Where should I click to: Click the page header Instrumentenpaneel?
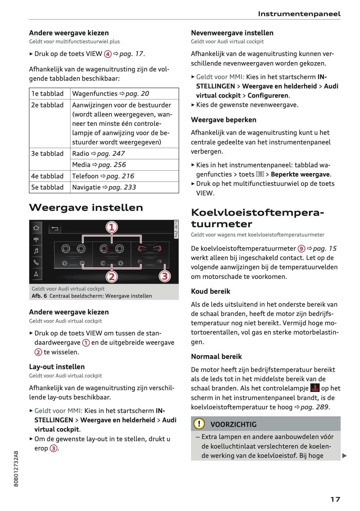click(299, 14)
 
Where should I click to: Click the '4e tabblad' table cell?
click(47, 176)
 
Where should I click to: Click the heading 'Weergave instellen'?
click(86, 207)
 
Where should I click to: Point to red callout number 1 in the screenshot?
click(112, 227)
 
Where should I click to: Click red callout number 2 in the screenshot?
click(112, 276)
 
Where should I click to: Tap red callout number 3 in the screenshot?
click(165, 276)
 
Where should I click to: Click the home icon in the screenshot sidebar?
click(36, 228)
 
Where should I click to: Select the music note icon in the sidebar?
click(36, 251)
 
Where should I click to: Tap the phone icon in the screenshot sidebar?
click(36, 262)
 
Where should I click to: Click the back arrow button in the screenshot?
click(55, 228)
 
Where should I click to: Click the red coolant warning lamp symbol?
click(315, 388)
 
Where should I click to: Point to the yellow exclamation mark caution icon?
click(199, 424)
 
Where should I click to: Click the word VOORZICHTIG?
click(233, 424)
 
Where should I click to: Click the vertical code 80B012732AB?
click(16, 469)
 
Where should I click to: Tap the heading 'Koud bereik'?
click(210, 291)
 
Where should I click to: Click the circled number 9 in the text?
click(301, 249)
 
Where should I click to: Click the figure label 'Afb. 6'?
click(39, 296)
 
